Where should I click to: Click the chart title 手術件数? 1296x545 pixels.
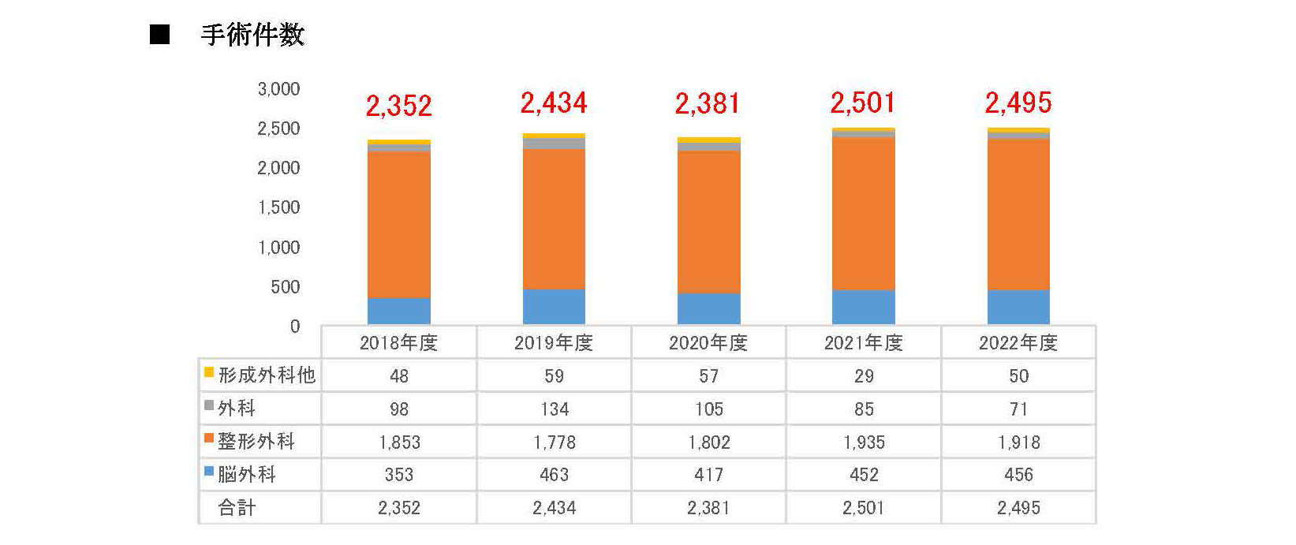pos(252,35)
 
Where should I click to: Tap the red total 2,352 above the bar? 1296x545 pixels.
pos(398,106)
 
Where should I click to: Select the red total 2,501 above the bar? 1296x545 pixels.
pos(862,103)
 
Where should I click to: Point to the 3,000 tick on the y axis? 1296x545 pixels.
pos(278,89)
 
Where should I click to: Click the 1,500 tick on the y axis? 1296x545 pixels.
pos(278,207)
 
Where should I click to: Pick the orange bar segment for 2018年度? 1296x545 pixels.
pos(399,225)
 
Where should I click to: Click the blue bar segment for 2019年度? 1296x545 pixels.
pos(554,307)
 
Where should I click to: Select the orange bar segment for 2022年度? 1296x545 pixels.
pos(1018,215)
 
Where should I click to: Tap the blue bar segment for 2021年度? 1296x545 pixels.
pos(864,308)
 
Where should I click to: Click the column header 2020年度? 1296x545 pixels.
pos(708,342)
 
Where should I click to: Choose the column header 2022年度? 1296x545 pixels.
pos(1018,342)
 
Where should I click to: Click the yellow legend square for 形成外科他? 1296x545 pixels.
pos(209,372)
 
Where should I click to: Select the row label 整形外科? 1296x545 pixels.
pos(256,442)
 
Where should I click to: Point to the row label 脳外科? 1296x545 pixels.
pos(247,475)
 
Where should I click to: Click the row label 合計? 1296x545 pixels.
pos(237,508)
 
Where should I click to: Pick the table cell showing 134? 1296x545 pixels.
pos(555,409)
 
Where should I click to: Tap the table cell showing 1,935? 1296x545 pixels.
pos(864,442)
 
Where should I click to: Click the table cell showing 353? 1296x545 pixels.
pos(399,475)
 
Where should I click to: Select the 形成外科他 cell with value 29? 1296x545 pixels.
pos(864,376)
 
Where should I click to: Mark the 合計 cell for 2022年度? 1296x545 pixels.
pos(1018,508)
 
